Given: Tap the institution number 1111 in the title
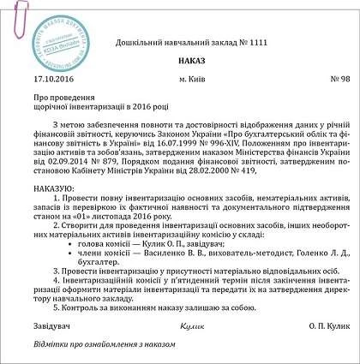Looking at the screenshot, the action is (229, 40).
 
